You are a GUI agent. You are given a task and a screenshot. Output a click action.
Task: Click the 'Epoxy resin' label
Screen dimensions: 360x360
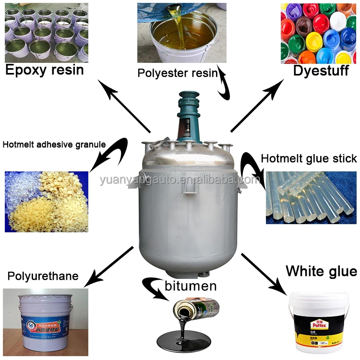[44, 70]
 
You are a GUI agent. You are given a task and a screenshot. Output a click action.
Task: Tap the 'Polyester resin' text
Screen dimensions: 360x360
[177, 73]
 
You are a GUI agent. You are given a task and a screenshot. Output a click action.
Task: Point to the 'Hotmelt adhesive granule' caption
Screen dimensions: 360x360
[54, 144]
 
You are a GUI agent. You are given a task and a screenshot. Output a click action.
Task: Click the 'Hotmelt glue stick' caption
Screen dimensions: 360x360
[309, 158]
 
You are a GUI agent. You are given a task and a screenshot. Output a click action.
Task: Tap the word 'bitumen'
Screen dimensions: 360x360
[191, 287]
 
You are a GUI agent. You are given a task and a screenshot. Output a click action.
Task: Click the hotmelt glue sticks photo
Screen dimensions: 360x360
[311, 197]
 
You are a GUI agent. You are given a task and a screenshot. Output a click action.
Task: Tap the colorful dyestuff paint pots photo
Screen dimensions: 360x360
[319, 33]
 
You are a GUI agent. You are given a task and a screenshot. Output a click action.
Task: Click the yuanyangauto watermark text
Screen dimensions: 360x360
[180, 180]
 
